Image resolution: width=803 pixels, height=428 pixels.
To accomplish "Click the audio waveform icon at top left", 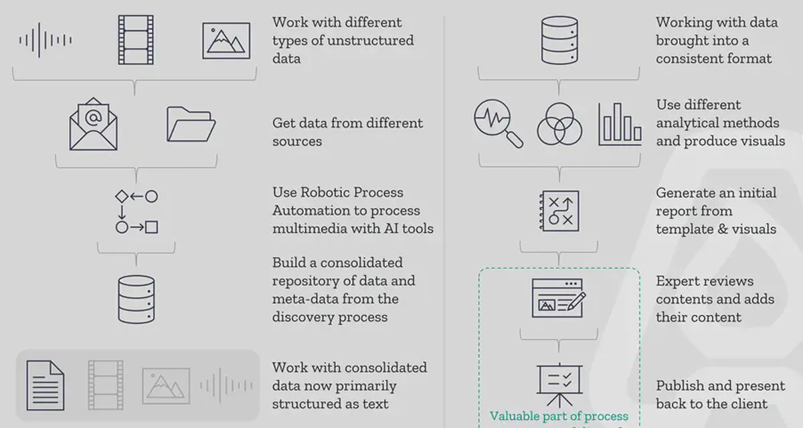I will pos(45,40).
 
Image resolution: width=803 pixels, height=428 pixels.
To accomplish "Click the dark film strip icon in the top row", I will pos(136,39).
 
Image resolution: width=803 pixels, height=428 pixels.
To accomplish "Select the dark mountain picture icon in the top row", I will pos(226,41).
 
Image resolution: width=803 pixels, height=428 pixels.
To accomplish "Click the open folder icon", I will pos(191,124).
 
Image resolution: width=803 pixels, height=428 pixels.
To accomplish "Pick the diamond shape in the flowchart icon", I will pos(121,197).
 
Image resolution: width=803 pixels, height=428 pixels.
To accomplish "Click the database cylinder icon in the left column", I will pos(136,299).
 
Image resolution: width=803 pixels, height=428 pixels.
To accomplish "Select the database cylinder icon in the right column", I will pos(559,41).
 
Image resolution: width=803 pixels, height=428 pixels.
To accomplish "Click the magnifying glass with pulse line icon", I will pos(498,123).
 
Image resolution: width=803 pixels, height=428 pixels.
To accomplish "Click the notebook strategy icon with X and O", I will pos(559,212).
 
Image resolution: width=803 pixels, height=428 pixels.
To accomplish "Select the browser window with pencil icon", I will pos(559,298).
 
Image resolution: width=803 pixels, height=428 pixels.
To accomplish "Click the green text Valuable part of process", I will pos(559,417).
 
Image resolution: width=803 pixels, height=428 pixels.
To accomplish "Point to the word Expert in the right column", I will pos(677,281).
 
